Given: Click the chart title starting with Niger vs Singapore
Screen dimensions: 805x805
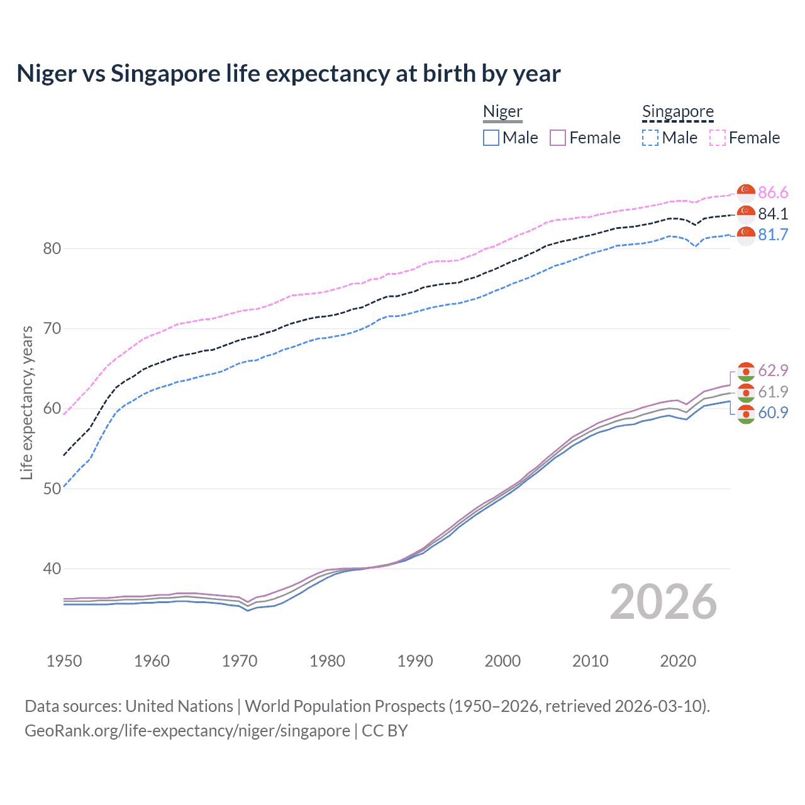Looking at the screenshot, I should [288, 74].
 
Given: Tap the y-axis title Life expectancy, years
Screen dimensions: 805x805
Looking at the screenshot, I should [26, 402].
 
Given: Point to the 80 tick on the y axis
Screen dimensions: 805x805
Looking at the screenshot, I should [52, 248].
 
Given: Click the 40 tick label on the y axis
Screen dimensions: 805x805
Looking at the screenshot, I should [52, 569].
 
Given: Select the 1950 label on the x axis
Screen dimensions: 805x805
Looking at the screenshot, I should [64, 661].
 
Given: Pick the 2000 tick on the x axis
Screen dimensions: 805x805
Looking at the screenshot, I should [502, 661].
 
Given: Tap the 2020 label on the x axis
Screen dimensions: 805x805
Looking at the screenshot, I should [677, 661].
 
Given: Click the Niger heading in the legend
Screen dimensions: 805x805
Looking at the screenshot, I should [502, 112].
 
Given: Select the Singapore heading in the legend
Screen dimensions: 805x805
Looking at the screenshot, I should [677, 112].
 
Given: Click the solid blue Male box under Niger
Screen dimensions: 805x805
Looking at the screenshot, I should [491, 138].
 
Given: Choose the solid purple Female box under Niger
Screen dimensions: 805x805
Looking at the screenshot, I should [558, 138].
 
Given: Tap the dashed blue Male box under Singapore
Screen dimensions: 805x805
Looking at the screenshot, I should [650, 138].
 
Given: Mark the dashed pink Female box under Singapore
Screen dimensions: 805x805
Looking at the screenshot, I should [717, 138].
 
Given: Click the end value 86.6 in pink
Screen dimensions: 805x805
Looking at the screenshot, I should [773, 192].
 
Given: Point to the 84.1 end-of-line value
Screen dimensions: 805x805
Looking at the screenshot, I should [773, 214].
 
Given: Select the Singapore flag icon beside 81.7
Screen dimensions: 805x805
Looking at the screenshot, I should [746, 235].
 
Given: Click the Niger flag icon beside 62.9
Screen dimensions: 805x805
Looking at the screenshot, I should [746, 371].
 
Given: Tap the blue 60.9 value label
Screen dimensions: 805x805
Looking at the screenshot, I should [773, 413].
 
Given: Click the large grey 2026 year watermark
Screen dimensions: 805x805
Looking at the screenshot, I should [663, 602].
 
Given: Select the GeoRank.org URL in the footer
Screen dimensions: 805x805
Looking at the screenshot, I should [187, 731].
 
